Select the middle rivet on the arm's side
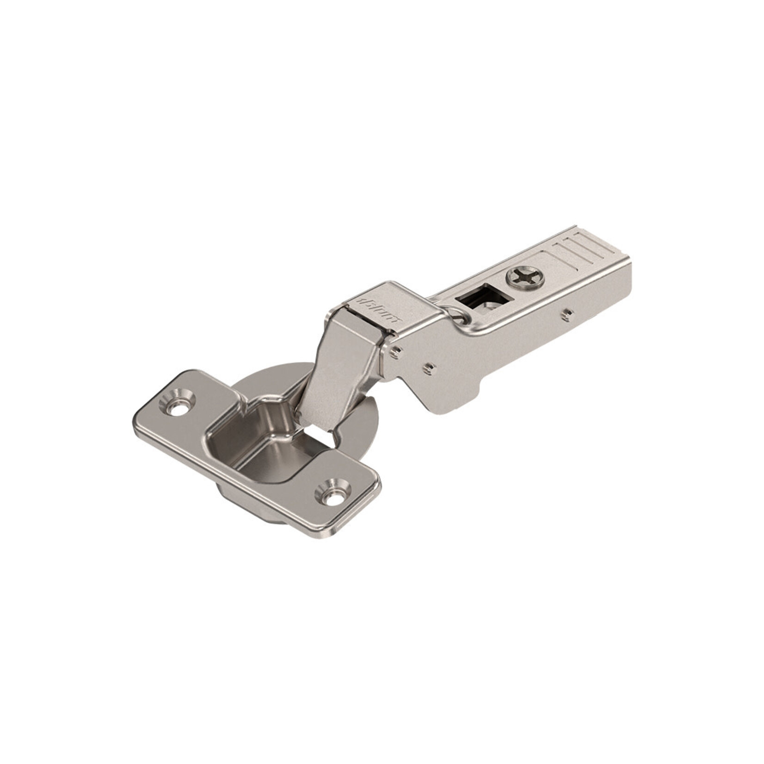(430, 368)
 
